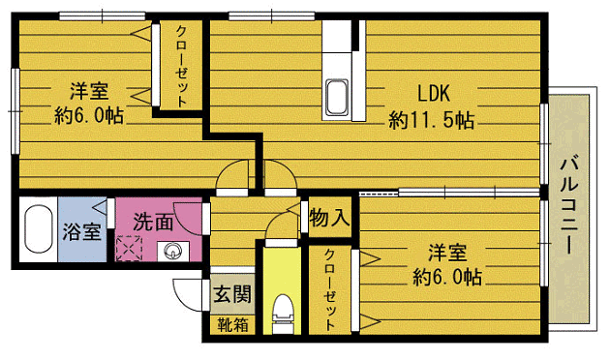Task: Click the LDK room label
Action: click(x=432, y=94)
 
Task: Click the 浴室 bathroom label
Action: click(x=81, y=232)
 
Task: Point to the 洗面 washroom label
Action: click(x=153, y=222)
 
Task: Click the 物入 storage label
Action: click(x=328, y=219)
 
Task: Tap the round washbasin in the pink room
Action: click(x=171, y=253)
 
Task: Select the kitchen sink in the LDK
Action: click(x=339, y=98)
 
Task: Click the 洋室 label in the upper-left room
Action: click(x=88, y=93)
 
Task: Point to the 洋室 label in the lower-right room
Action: click(x=446, y=254)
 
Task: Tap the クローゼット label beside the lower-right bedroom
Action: click(x=331, y=289)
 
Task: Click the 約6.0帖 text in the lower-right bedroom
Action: click(x=446, y=278)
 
